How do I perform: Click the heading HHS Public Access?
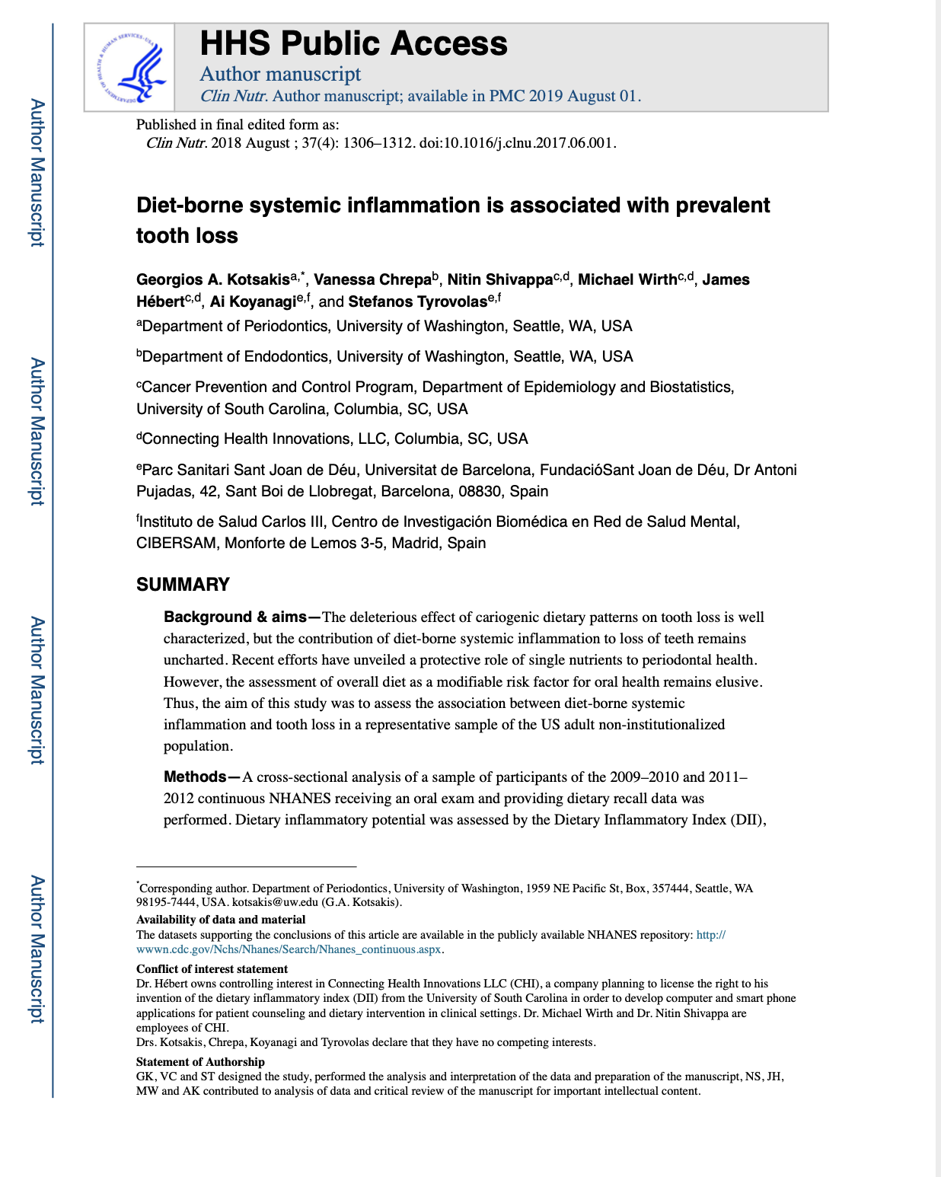click(353, 43)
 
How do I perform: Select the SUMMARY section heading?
click(183, 585)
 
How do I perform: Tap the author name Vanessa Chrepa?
click(372, 279)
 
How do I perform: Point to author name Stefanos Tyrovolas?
click(417, 301)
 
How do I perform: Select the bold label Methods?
click(195, 777)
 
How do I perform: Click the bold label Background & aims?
click(234, 617)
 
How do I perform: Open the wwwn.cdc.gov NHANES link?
click(289, 949)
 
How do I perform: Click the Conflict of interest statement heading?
click(212, 969)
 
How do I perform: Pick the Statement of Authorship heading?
click(200, 1062)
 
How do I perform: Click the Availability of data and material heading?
click(221, 920)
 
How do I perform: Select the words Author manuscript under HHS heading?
click(280, 74)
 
